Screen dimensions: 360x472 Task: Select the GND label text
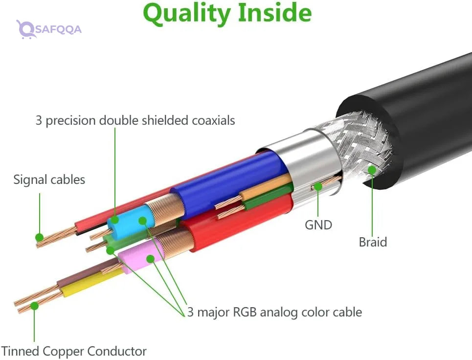click(318, 225)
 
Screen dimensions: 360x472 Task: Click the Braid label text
click(373, 242)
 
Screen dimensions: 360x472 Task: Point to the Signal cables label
click(49, 180)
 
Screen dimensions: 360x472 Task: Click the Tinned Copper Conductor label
click(74, 351)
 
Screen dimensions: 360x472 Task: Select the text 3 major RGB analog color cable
click(274, 312)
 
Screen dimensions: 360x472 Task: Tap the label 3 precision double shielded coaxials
click(135, 120)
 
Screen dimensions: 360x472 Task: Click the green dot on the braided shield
click(372, 170)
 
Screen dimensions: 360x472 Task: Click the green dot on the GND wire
click(318, 186)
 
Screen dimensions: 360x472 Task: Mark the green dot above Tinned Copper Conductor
click(34, 306)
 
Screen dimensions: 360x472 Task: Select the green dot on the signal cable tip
click(40, 238)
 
